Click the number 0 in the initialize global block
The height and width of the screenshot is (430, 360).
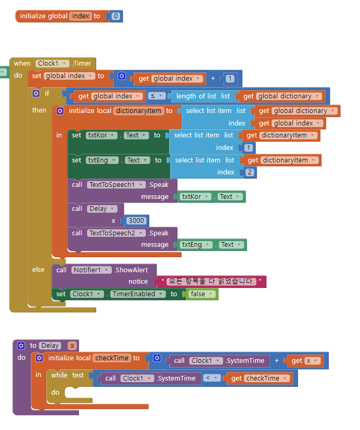115,16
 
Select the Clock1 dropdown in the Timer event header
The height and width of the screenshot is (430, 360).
53,63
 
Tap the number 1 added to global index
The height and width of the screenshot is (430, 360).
230,79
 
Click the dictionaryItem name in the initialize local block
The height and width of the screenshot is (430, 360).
138,110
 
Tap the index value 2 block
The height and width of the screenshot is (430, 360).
250,172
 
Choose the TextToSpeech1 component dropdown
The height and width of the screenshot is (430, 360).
115,184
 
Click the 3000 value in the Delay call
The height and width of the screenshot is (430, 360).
136,220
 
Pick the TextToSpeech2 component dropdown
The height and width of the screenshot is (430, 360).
115,233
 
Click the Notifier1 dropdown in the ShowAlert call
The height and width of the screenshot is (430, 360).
92,270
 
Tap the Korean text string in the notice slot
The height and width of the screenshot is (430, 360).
211,282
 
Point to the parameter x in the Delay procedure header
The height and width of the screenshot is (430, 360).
72,346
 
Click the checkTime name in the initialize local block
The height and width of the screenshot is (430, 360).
111,358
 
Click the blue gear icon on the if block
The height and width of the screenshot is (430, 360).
36,94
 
